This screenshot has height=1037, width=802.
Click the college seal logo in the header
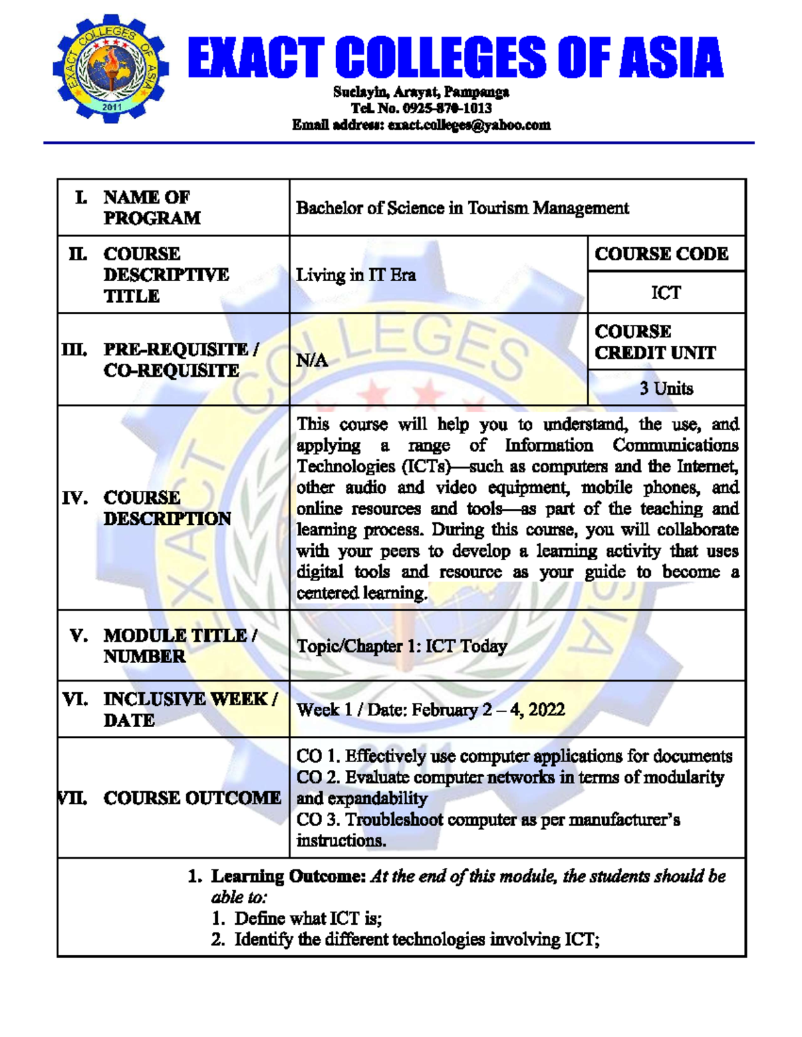coord(111,67)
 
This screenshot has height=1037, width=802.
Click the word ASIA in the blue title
coord(670,58)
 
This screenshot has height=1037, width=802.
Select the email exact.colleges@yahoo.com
coord(469,125)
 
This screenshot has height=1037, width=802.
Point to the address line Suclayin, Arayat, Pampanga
coord(421,92)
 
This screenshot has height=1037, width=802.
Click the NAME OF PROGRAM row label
coord(152,208)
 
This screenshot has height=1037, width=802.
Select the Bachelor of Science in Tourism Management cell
coord(462,208)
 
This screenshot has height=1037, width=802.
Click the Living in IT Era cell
coord(356,275)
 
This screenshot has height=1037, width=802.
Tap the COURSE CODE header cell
coord(661,254)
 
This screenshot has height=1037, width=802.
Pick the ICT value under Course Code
coord(666,293)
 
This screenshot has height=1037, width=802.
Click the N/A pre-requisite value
coord(312,361)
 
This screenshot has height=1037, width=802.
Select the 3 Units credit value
coord(666,389)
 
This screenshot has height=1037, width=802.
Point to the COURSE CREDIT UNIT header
coord(655,342)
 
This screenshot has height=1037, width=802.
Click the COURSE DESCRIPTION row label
coord(167,508)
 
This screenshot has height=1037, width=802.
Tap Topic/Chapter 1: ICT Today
coord(402,646)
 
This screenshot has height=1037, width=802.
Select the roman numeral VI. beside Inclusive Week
coord(75,699)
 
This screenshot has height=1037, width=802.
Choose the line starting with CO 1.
coord(514,756)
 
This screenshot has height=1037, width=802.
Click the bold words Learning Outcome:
coord(288,876)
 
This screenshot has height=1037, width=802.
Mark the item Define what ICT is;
coord(308,919)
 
